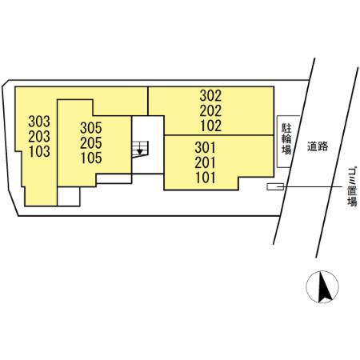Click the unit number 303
tap(39, 122)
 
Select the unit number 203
tap(39, 137)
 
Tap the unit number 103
tap(39, 151)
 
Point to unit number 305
tap(91, 128)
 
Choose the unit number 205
tap(91, 143)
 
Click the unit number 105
tap(91, 158)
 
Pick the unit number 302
tap(210, 96)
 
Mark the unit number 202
tap(210, 110)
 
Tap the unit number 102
tap(211, 126)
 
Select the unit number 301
tap(205, 147)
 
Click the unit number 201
tap(205, 162)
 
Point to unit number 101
tap(206, 178)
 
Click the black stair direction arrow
tap(140, 152)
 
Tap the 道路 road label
tap(318, 146)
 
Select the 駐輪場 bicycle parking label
tap(286, 139)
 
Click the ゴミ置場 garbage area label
tap(352, 186)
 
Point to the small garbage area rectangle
tap(275, 186)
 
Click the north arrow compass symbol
tap(322, 287)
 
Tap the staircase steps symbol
tap(140, 149)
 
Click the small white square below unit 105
tap(69, 197)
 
